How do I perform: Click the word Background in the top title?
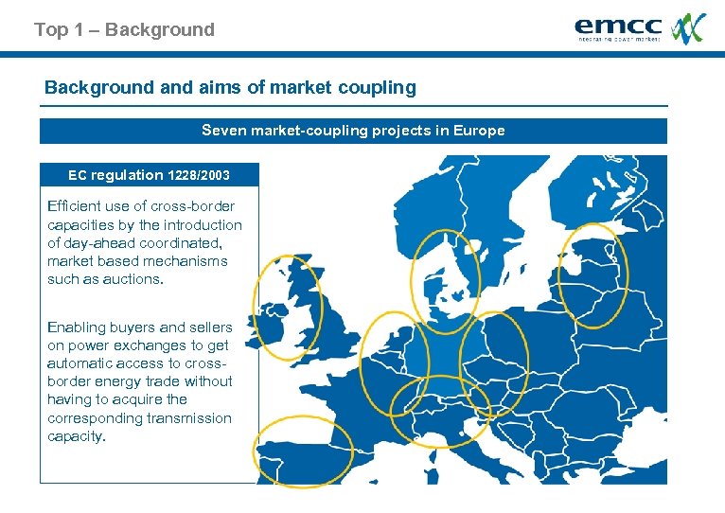point(160,30)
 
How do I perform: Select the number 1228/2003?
point(199,175)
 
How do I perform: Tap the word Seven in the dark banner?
point(224,131)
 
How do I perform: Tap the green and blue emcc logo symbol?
point(688,27)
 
